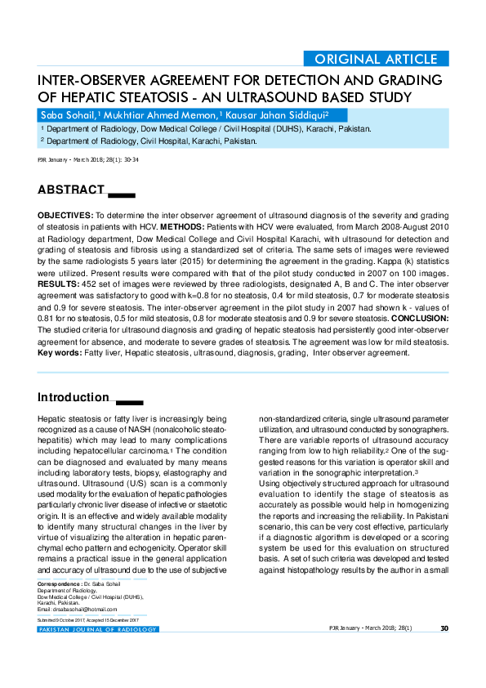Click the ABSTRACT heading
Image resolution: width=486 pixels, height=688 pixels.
click(71, 190)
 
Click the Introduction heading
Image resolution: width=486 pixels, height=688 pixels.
click(74, 398)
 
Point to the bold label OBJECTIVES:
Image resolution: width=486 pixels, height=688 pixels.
click(65, 213)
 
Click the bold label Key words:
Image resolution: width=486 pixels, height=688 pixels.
click(60, 353)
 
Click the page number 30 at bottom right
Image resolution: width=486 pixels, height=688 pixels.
click(444, 628)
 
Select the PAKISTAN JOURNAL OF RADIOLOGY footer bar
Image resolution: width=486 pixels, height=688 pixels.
click(97, 629)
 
